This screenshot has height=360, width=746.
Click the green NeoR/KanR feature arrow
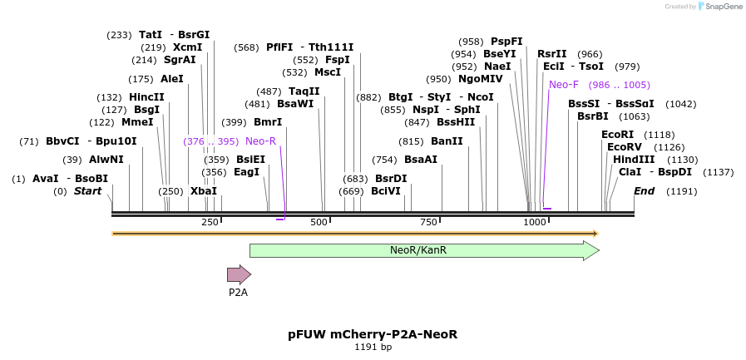424,250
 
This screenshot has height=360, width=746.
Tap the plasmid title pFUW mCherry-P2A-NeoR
373,334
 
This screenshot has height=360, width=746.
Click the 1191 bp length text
373,347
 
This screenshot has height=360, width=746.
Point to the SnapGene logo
721,6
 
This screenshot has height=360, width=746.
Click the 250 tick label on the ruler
210,222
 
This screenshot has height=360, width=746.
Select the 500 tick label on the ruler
319,222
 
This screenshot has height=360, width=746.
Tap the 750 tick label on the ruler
428,222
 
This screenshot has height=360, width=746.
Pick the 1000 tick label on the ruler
535,222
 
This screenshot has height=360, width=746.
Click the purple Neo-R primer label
260,141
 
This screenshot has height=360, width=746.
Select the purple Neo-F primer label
563,85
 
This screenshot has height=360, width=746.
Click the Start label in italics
87,191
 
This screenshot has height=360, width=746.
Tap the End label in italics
645,191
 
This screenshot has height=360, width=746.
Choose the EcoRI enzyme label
617,134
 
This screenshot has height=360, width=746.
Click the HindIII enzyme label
634,160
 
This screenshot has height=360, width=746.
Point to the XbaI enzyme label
204,191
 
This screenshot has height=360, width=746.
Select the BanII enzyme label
447,141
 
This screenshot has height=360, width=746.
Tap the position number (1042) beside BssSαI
681,104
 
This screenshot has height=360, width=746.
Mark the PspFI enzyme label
506,42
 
